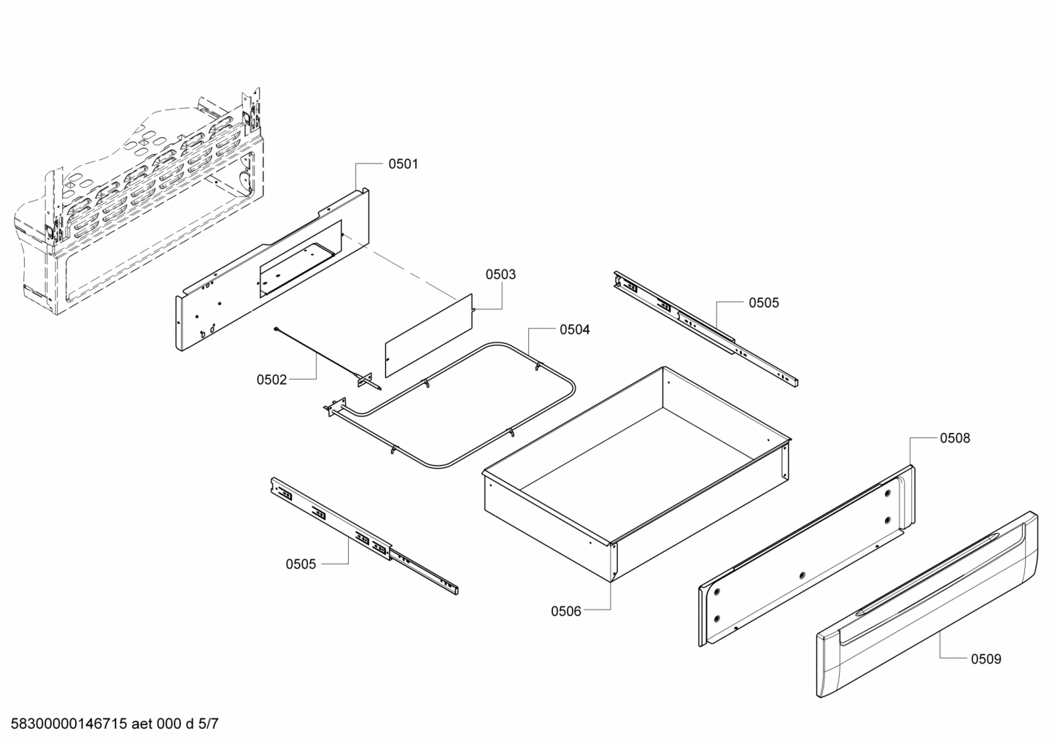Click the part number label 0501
coord(403,164)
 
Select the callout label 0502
coord(271,380)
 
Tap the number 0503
coord(500,275)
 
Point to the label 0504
coord(575,330)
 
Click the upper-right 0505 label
coord(764,303)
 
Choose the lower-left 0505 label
coord(301,564)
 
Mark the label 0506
coord(566,611)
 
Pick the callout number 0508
coord(955,438)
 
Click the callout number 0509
coord(986,659)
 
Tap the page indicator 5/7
coord(209,724)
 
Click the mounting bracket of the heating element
coord(336,407)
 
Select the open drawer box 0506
coord(635,475)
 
